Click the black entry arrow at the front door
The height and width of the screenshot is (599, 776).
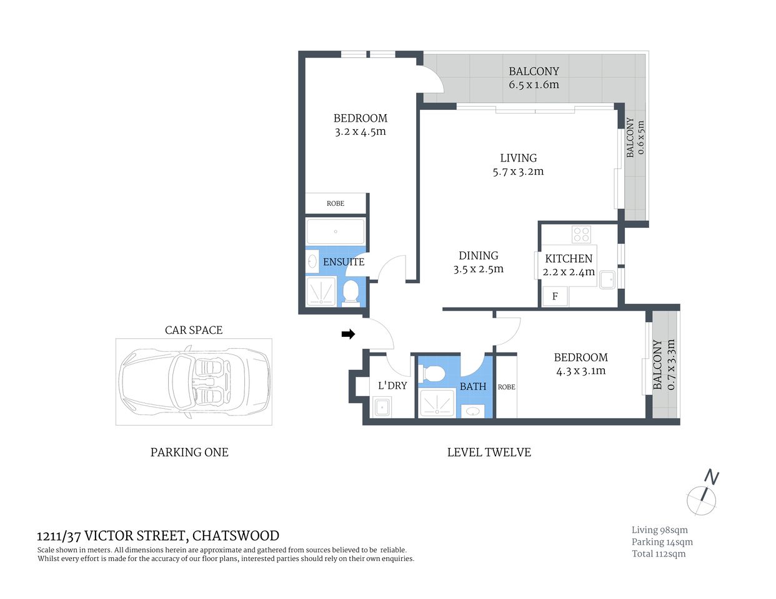click(x=348, y=334)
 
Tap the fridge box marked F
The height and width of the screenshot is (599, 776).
click(x=555, y=296)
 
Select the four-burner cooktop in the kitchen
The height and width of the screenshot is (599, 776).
click(x=581, y=235)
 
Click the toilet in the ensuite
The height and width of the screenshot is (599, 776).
click(x=351, y=293)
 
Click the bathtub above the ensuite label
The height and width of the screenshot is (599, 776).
click(x=336, y=231)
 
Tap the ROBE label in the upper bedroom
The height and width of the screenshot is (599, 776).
click(x=336, y=203)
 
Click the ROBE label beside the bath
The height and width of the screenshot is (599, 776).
click(x=506, y=387)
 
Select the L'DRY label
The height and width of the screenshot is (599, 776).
click(x=392, y=386)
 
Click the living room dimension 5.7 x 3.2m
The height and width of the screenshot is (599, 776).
click(x=518, y=172)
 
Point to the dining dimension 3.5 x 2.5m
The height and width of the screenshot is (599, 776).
click(x=479, y=270)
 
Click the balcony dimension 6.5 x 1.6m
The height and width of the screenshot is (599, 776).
click(x=534, y=85)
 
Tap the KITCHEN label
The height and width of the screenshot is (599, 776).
click(x=569, y=258)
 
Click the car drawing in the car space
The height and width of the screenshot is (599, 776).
click(x=194, y=381)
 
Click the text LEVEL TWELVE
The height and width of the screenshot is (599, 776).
click(x=489, y=452)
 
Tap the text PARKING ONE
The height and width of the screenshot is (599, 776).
click(x=189, y=452)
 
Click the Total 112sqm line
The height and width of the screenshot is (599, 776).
click(x=659, y=553)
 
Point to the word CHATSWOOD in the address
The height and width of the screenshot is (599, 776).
click(x=236, y=536)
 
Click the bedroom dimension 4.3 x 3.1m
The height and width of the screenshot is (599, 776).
click(x=580, y=371)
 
